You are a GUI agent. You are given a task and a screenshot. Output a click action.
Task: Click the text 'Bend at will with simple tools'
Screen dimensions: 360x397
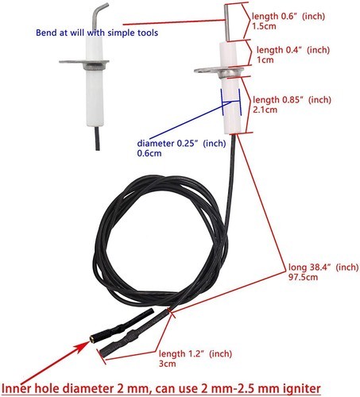click(x=97, y=33)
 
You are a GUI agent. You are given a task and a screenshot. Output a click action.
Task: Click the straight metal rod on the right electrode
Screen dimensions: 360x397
click(x=227, y=23)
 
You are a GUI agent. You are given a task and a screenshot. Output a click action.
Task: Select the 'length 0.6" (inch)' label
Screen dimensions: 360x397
click(x=288, y=16)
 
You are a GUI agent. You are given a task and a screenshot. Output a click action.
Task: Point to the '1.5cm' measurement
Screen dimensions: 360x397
click(x=264, y=26)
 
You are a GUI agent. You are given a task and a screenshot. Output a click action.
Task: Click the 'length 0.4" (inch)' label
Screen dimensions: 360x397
click(x=293, y=50)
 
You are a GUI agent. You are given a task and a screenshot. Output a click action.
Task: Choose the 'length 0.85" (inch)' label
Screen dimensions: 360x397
click(x=292, y=100)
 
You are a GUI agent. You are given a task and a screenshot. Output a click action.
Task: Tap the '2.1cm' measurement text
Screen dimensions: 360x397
click(x=265, y=110)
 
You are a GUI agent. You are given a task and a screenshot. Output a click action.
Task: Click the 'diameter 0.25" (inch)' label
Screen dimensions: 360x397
click(x=181, y=144)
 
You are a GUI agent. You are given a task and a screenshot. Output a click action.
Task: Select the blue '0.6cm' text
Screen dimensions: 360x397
click(x=149, y=153)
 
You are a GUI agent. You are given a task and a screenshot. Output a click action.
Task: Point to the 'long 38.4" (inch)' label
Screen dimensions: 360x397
click(x=323, y=267)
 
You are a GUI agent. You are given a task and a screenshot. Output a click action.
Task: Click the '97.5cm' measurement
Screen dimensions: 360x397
click(x=303, y=277)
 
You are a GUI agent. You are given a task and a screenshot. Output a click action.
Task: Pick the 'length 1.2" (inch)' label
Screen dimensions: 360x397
click(x=195, y=353)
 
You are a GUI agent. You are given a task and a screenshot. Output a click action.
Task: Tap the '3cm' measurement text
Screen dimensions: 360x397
click(x=167, y=364)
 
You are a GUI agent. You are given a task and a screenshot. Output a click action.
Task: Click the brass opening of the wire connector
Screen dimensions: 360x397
click(x=91, y=338)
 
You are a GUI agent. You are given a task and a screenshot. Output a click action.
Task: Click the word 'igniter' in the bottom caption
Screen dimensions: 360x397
click(x=300, y=389)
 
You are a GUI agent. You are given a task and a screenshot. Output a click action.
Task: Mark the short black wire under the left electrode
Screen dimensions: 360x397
click(x=98, y=138)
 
